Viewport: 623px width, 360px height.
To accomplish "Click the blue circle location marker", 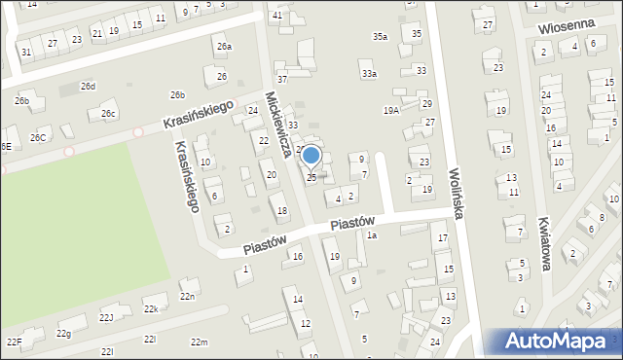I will (311, 155).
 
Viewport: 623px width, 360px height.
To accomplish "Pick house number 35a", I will (380, 37).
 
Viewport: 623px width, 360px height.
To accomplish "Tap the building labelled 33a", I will (368, 73).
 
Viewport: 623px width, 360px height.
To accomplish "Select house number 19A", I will (391, 111).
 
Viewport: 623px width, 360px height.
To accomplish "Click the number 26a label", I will (225, 47).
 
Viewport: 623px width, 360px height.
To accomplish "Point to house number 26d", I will (89, 87).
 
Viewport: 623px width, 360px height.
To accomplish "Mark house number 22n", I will (188, 296).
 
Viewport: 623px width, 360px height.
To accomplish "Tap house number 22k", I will (151, 308).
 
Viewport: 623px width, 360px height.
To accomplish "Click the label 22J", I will (106, 317).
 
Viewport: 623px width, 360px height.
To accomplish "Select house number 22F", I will (14, 342).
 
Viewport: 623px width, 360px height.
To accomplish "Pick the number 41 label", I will (277, 16).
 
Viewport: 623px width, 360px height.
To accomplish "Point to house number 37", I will (281, 79).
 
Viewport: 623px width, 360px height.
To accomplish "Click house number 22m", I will (199, 342).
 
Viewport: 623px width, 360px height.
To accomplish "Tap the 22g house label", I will (64, 334).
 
